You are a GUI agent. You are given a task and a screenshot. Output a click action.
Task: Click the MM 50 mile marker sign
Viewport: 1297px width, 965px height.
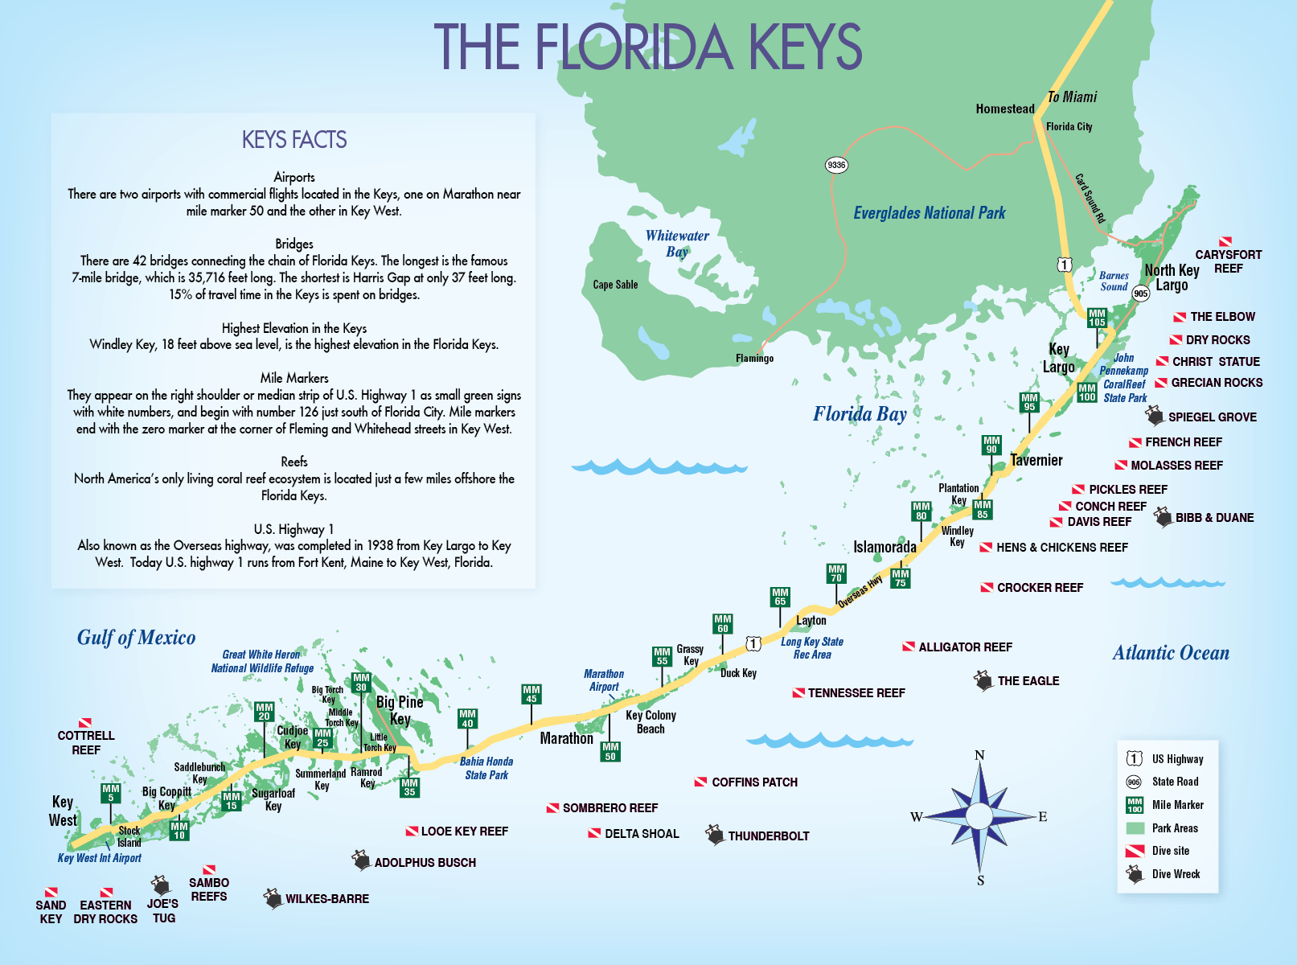click(610, 751)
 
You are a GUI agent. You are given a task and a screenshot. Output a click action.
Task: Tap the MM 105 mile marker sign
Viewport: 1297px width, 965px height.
click(1097, 318)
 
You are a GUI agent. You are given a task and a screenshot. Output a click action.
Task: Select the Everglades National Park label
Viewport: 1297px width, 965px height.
click(929, 213)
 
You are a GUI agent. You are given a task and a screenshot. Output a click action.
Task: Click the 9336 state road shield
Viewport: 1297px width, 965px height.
click(836, 165)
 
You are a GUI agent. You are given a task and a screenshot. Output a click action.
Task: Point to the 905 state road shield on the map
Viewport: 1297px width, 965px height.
click(1140, 294)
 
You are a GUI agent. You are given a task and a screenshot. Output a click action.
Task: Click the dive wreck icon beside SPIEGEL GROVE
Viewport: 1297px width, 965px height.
click(1155, 416)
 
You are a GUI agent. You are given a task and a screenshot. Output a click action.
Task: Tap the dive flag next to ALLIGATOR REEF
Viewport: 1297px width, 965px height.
click(909, 647)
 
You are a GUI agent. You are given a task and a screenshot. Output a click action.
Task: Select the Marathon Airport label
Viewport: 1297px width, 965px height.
click(604, 680)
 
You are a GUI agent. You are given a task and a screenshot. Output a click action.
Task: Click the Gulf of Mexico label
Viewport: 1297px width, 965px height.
click(136, 638)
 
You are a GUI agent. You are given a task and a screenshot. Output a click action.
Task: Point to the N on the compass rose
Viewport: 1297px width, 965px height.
click(979, 755)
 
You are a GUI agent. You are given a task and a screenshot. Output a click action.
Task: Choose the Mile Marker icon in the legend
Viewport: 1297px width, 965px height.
click(1135, 805)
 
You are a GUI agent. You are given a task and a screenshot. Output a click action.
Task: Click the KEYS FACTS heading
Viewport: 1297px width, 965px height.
click(294, 140)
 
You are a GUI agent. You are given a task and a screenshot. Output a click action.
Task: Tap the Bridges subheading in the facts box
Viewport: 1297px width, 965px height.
click(294, 244)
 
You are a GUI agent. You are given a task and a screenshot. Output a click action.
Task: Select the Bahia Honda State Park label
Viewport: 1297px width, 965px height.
click(486, 768)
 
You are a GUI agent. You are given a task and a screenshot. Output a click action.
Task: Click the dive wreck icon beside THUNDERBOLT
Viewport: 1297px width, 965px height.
click(715, 835)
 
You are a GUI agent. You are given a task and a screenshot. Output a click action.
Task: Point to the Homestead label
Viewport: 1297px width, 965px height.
click(1004, 109)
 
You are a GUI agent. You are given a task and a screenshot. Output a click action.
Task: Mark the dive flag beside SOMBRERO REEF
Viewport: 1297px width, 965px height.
click(552, 808)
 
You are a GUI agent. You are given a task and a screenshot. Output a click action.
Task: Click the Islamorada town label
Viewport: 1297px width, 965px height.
click(885, 547)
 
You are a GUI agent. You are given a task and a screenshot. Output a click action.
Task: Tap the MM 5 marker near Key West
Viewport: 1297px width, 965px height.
click(111, 793)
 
